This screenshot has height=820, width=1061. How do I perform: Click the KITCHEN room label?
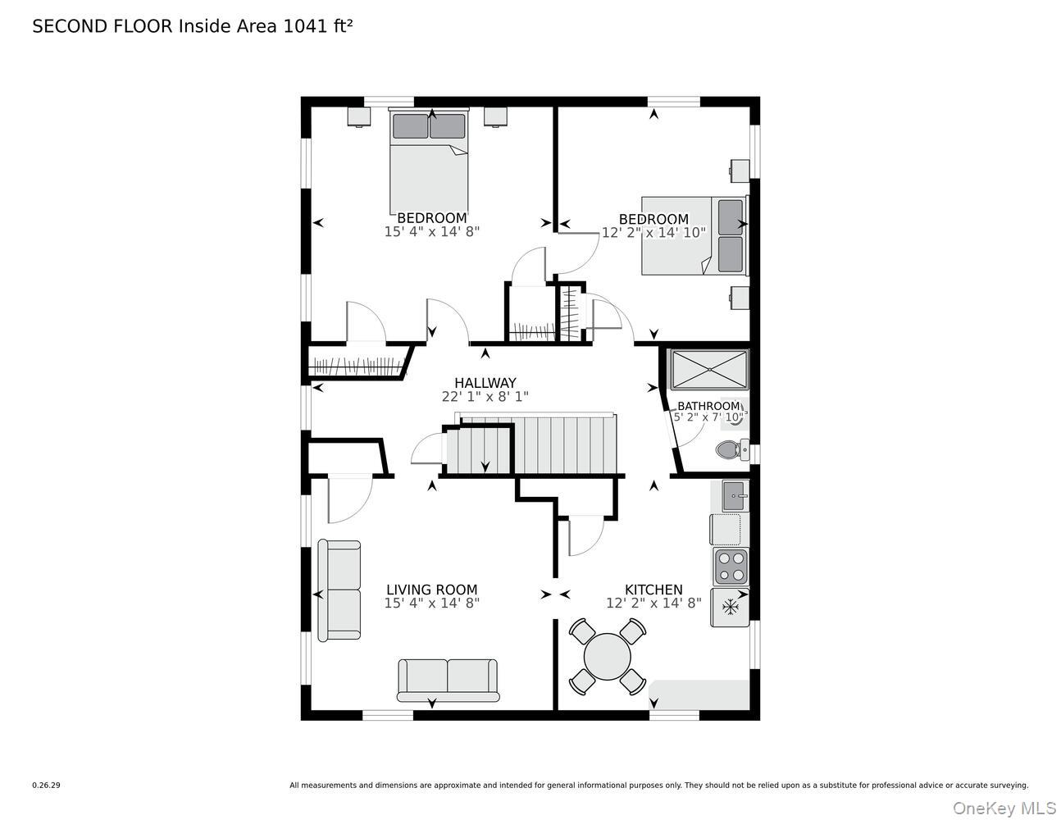click(653, 590)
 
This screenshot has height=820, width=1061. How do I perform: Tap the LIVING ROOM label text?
click(431, 590)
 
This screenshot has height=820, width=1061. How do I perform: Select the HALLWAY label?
click(485, 383)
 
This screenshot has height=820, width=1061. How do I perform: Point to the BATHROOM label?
click(708, 406)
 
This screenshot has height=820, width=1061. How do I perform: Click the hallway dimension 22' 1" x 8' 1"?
click(485, 397)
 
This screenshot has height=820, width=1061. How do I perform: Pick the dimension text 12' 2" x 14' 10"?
click(653, 233)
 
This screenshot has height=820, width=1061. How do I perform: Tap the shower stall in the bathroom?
click(709, 370)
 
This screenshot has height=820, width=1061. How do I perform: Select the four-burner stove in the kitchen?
click(730, 565)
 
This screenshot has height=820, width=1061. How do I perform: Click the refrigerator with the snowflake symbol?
click(730, 608)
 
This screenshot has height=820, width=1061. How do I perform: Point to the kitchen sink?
click(735, 496)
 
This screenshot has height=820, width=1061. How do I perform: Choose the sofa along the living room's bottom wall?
click(448, 680)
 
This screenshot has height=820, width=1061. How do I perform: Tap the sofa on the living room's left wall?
click(339, 590)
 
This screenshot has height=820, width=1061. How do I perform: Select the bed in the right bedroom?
click(694, 235)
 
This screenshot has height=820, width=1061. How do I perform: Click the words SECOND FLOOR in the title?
click(102, 26)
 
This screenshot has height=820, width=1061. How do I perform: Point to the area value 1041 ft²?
click(318, 26)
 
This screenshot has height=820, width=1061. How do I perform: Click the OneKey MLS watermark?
click(1004, 809)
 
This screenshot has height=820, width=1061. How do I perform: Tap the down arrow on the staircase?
click(485, 465)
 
